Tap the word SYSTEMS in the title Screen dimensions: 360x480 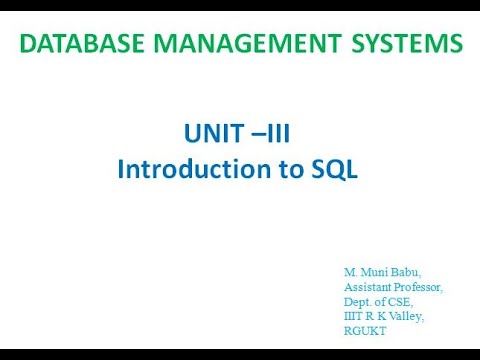[x=402, y=43]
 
